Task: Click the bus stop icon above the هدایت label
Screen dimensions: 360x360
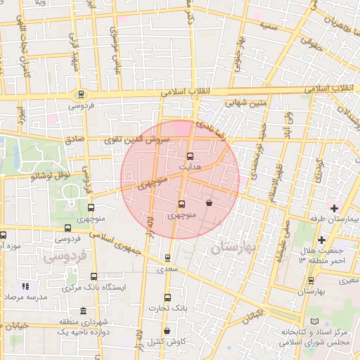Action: [x=190, y=156]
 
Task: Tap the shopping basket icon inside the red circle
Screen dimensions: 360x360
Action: [x=210, y=203]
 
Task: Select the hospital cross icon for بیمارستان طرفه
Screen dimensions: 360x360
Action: [x=334, y=208]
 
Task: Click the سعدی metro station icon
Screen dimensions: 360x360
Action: [x=167, y=258]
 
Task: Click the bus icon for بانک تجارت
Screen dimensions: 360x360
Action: [x=167, y=297]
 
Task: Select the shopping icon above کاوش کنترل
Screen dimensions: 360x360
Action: [x=167, y=330]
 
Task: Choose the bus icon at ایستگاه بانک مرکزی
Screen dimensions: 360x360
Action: [x=94, y=277]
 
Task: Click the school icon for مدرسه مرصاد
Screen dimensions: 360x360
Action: [x=26, y=287]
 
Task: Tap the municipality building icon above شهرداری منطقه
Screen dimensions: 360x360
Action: [x=84, y=311]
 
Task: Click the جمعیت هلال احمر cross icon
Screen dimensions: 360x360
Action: [x=321, y=240]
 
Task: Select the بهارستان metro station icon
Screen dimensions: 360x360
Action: [x=309, y=279]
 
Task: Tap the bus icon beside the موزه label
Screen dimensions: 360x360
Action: [x=4, y=236]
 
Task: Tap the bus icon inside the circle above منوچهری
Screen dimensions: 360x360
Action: [x=182, y=204]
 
